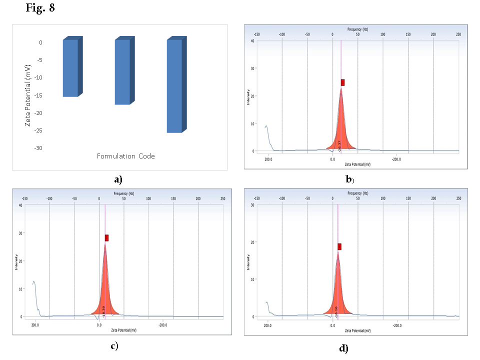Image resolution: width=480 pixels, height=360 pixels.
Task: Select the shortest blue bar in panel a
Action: pyautogui.click(x=70, y=68)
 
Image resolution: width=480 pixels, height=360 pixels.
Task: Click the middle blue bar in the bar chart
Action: pyautogui.click(x=122, y=72)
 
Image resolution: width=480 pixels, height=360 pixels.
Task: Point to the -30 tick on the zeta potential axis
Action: pyautogui.click(x=38, y=148)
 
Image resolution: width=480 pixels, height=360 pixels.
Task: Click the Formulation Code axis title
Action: pyautogui.click(x=125, y=156)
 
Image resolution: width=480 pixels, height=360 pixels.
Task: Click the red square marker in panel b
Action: pyautogui.click(x=342, y=82)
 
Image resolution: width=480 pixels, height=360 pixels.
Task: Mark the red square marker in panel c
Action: pyautogui.click(x=106, y=238)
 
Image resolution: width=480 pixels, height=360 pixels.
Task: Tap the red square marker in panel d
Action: pyautogui.click(x=339, y=246)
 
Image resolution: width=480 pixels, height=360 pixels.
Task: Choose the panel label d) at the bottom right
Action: pyautogui.click(x=343, y=348)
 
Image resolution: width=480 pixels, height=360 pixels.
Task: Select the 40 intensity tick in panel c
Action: pyautogui.click(x=20, y=205)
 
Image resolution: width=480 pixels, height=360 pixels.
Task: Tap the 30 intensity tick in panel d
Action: pyautogui.click(x=253, y=205)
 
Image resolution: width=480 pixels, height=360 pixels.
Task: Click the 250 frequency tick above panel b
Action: pyautogui.click(x=458, y=34)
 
